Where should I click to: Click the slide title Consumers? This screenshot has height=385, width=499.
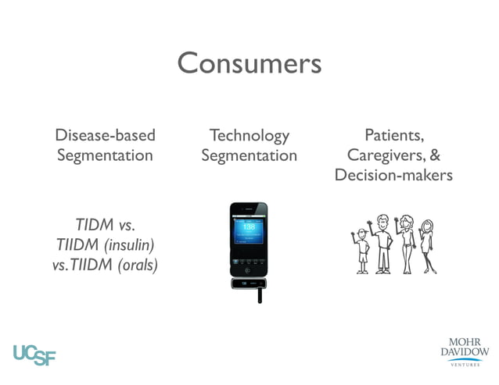coord(249,62)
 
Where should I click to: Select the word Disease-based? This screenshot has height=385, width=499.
coord(105,135)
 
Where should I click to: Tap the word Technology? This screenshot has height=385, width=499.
coord(249,135)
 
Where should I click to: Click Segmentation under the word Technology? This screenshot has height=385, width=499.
coord(249,155)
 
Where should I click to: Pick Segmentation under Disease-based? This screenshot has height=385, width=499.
coord(105,155)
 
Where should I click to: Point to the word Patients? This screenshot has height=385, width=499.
coord(393,135)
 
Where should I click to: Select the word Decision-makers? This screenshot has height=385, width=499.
coord(393,175)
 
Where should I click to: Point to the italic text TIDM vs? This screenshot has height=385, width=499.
coord(105,226)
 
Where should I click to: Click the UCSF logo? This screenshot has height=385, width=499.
coord(34,354)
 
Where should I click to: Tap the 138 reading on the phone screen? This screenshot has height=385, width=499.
coord(248,226)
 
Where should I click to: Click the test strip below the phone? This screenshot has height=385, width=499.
coord(259,295)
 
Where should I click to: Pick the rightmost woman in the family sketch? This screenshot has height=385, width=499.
coord(427,245)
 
